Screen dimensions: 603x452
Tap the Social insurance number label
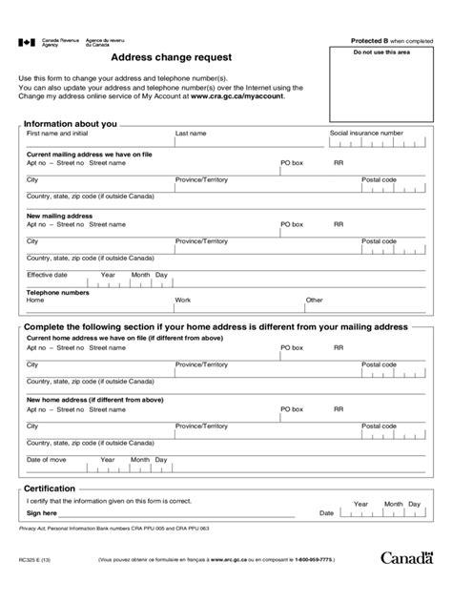click(366, 134)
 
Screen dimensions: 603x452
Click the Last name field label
click(191, 135)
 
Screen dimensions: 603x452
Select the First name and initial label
click(62, 135)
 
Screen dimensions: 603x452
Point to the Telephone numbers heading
click(57, 291)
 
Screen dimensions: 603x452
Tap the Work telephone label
click(183, 300)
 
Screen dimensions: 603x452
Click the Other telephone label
click(314, 300)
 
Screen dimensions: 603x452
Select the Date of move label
click(46, 460)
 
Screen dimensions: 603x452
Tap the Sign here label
click(44, 512)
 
